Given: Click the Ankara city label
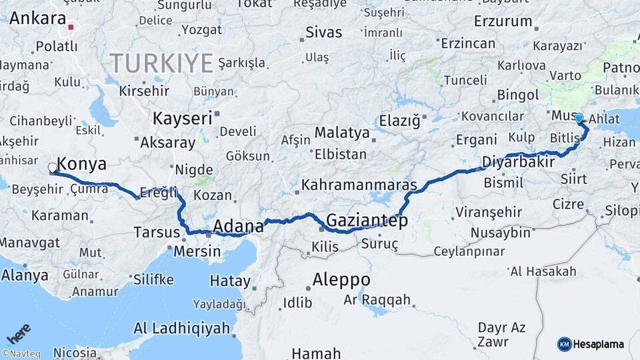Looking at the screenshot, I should [38, 18].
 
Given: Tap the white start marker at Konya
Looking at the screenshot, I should [53, 168].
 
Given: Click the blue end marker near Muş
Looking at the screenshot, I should [579, 118].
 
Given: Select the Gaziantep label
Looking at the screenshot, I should [367, 220].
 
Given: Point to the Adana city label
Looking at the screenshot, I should [239, 227].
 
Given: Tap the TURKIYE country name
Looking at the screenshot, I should [162, 63].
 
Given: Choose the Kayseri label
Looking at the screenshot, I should [182, 119].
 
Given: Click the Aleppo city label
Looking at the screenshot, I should [342, 279].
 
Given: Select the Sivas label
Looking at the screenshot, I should [323, 32].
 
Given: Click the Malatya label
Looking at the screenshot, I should [342, 132].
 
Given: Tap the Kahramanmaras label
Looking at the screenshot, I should [359, 185].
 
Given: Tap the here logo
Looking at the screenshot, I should [18, 333].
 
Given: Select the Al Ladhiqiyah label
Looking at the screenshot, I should [181, 328].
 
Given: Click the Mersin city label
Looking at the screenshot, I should [197, 251].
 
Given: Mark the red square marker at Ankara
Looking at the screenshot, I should [71, 28].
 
